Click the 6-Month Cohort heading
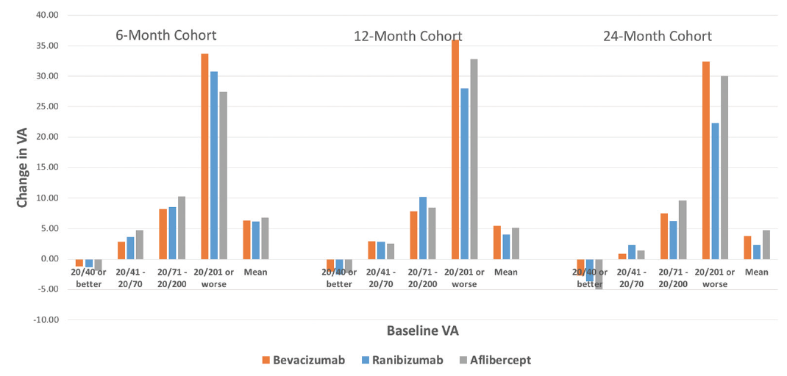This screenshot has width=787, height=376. pos(166,35)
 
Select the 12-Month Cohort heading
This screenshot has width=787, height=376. pos(417,36)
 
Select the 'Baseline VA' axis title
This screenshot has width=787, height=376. pos(423,331)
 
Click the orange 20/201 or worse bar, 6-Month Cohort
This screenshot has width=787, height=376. pos(204,156)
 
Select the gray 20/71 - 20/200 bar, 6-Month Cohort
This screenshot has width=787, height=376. pos(181,228)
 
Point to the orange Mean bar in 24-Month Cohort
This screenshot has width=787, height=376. pos(747,247)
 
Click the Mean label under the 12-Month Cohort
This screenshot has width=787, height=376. pos(507,272)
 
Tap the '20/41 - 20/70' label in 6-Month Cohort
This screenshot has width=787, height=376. pos(131,278)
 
